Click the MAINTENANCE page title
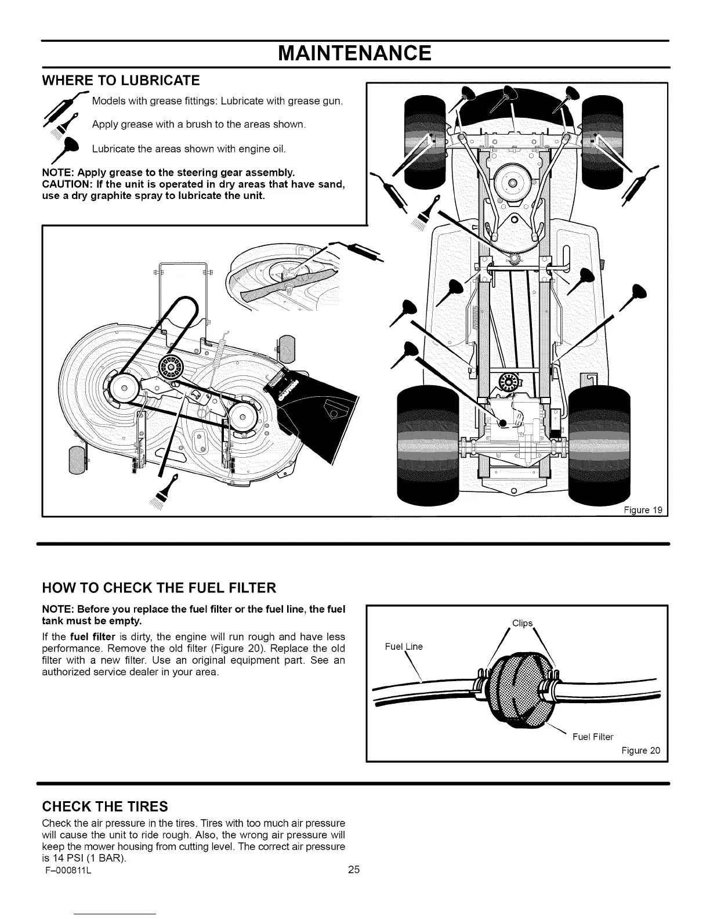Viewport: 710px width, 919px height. coord(354,53)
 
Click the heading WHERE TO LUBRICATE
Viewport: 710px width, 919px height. coord(121,80)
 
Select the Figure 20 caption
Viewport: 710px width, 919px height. coord(640,751)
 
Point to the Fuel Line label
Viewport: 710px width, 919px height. coord(404,646)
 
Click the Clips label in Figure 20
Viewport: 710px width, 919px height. coord(522,623)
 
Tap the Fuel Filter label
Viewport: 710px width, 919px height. coord(592,737)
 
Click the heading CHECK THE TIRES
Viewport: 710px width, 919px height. coord(105,806)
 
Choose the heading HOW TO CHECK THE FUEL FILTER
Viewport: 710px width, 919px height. coord(158,588)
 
